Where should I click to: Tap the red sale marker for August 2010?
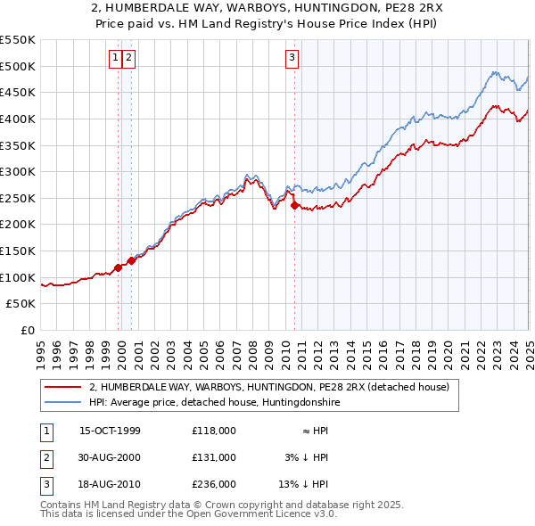pyautogui.click(x=295, y=206)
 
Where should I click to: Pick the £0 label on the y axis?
pyautogui.click(x=28, y=331)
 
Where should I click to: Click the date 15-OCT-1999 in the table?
pyautogui.click(x=110, y=431)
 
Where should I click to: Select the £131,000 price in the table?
pyautogui.click(x=213, y=457)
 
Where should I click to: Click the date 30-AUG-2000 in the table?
pyautogui.click(x=110, y=457)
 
